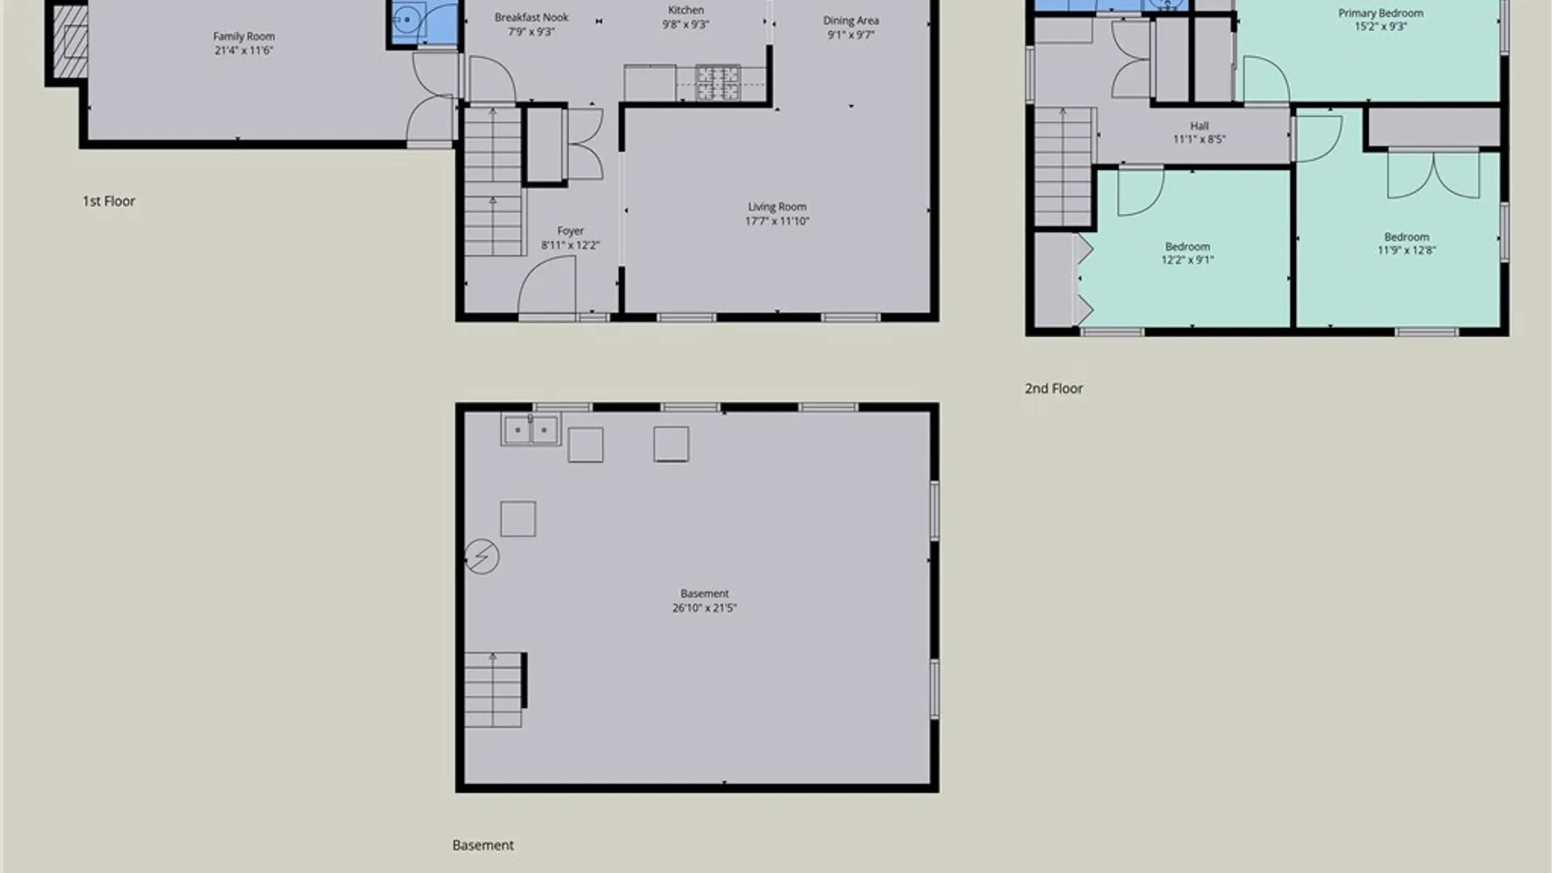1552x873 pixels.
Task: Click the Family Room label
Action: tap(244, 36)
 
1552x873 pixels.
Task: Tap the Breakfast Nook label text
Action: tap(531, 17)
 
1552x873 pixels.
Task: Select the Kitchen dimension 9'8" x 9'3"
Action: tap(685, 24)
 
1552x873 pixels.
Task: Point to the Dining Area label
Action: tap(851, 20)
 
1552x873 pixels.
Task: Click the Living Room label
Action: tap(777, 207)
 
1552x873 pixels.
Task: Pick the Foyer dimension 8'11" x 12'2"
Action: tap(570, 245)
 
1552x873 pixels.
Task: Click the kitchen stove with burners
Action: tap(718, 83)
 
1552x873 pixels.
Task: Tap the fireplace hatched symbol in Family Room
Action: tap(70, 41)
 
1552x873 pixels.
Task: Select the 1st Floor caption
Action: tap(108, 201)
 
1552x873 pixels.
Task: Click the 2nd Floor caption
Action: tap(1053, 389)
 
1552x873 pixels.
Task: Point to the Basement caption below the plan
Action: tap(483, 846)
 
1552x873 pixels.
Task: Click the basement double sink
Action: tap(530, 430)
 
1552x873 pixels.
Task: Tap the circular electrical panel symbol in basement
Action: tap(482, 557)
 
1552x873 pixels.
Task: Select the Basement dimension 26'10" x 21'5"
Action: tap(704, 608)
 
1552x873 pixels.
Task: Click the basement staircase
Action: tap(494, 690)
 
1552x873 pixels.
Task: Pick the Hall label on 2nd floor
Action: tap(1199, 126)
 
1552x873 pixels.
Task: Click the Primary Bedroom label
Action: tap(1381, 13)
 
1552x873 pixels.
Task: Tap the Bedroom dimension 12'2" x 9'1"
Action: tap(1187, 259)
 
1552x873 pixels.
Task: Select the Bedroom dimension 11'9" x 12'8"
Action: tap(1406, 250)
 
